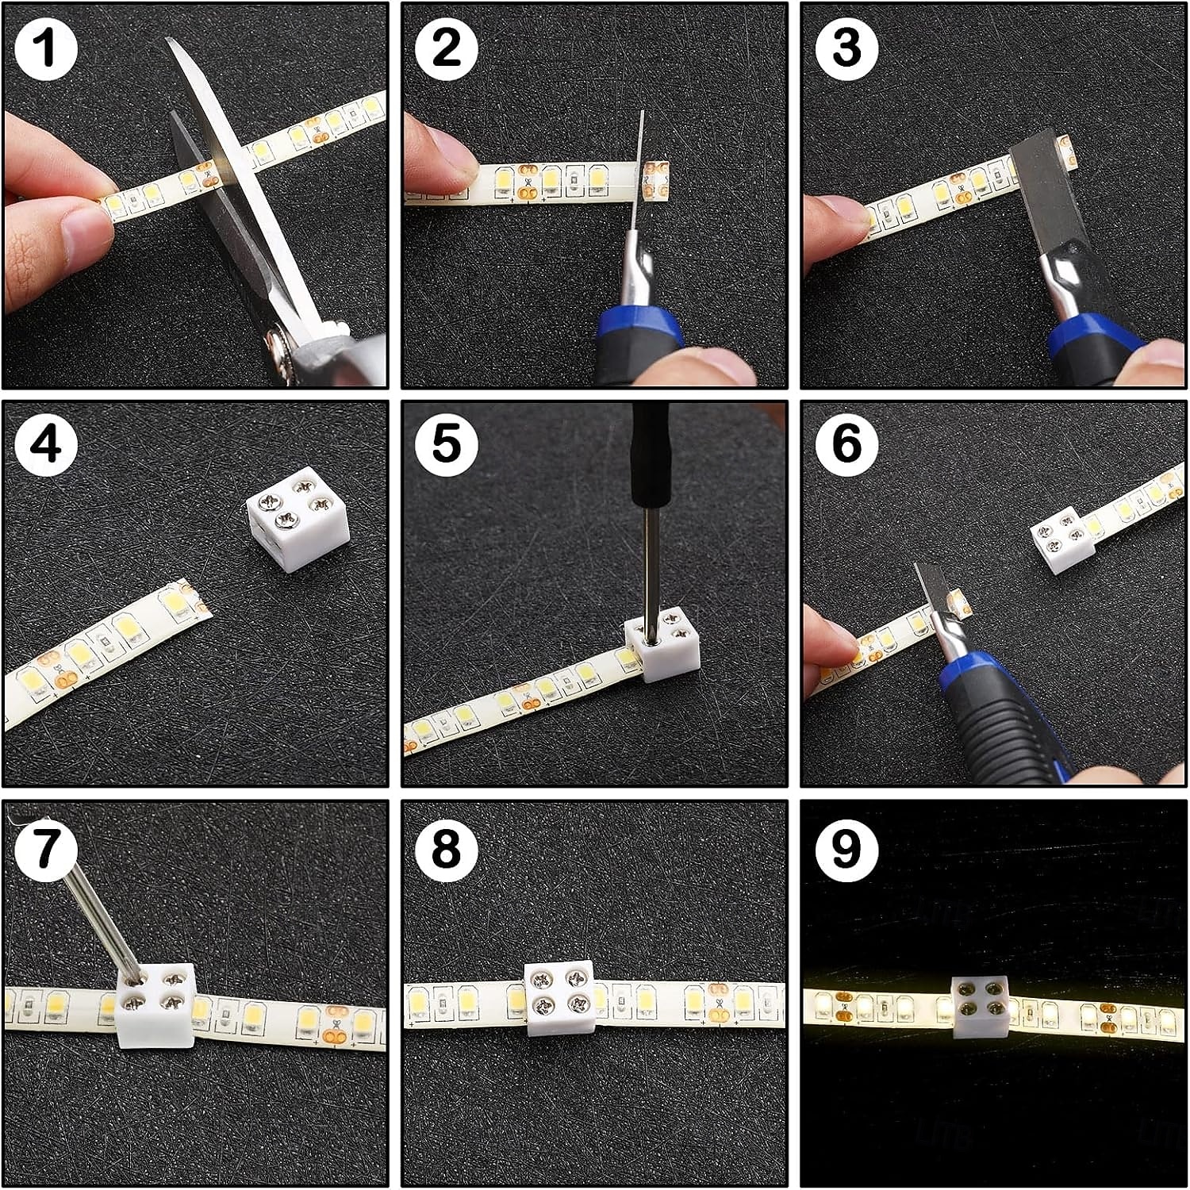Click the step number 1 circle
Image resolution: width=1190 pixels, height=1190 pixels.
(x=46, y=47)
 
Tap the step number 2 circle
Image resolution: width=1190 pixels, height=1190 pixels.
(x=446, y=47)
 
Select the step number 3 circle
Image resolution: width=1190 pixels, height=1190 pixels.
(x=846, y=47)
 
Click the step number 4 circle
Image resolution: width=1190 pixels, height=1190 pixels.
(x=46, y=444)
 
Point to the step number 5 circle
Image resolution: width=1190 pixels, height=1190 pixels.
(x=446, y=444)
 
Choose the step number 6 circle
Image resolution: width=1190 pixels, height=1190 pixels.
(x=846, y=444)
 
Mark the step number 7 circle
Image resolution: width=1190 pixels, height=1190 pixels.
(x=46, y=847)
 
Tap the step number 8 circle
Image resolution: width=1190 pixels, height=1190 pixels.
(x=446, y=847)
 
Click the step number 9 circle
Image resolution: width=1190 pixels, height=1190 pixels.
(x=846, y=847)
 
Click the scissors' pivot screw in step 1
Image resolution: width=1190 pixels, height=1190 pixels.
(x=279, y=343)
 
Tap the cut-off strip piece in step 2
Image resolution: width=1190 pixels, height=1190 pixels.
(x=656, y=182)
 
